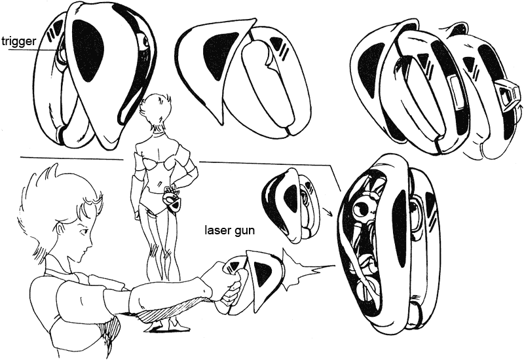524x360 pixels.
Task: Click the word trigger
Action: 19,42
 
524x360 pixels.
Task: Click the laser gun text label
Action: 229,230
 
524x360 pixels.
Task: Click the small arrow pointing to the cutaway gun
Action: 328,212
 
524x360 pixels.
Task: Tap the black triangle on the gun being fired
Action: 262,269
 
